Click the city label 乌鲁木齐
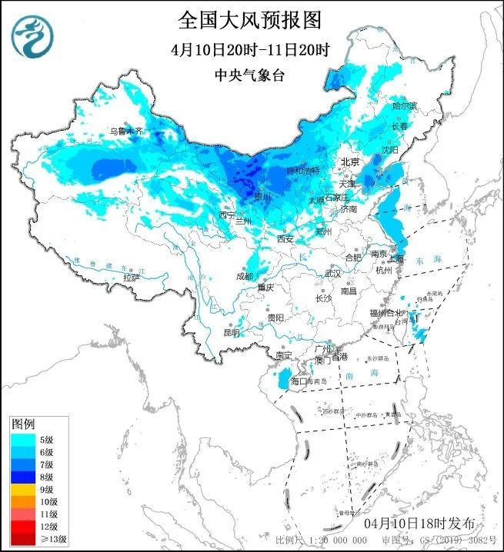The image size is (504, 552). click(x=125, y=131)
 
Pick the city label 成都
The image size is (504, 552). click(x=245, y=275)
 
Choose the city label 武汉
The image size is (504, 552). click(x=332, y=273)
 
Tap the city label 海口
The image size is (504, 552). click(x=299, y=381)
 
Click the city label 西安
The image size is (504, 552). click(x=285, y=239)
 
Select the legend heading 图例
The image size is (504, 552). click(x=23, y=424)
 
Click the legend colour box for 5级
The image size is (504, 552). click(x=22, y=440)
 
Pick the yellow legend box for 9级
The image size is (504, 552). click(x=22, y=489)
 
